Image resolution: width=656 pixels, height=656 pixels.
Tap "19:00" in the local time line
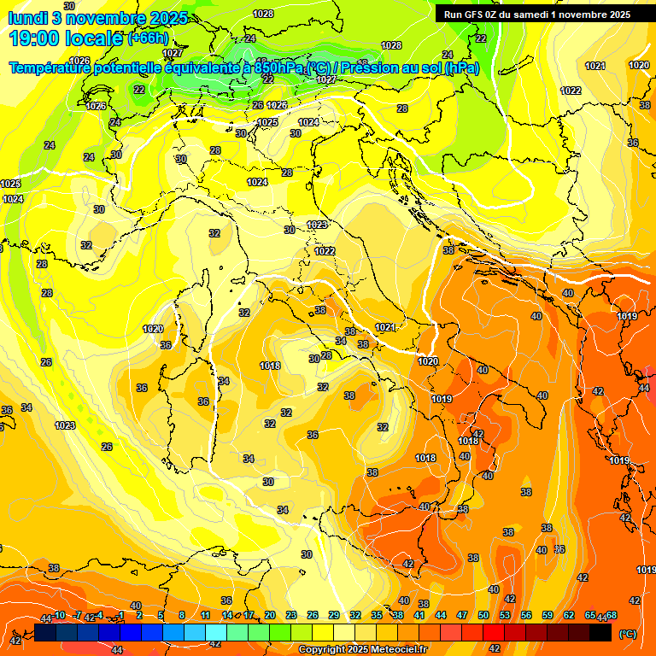click(36, 38)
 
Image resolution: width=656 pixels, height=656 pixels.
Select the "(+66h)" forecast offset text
click(148, 38)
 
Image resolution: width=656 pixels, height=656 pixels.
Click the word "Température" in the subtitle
click(50, 67)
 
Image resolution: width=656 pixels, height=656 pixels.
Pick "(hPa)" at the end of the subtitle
click(462, 67)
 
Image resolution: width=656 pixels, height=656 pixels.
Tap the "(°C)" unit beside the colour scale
click(627, 633)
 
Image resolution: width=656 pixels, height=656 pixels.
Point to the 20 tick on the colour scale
click(270, 615)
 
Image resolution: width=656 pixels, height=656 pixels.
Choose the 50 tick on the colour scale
click(483, 615)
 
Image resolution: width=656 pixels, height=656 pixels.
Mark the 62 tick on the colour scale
click(569, 615)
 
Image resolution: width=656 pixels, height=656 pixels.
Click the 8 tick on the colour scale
click(182, 615)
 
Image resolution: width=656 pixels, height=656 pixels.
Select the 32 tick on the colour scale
click(355, 615)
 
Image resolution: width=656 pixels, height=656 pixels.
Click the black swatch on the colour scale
click(600, 632)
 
